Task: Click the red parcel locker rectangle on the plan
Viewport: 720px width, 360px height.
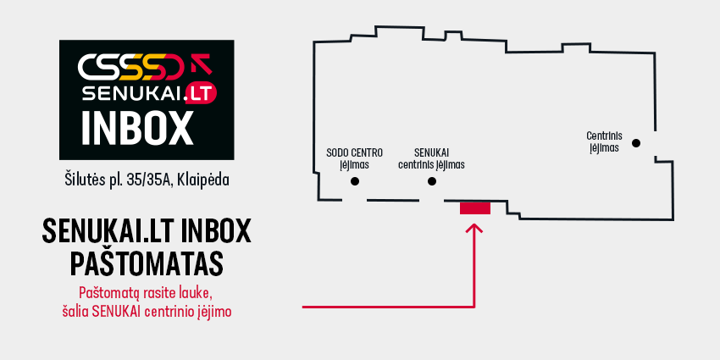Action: pos(475,208)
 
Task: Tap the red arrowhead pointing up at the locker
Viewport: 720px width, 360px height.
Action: pos(474,228)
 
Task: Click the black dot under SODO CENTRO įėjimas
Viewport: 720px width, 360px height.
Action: pos(354,181)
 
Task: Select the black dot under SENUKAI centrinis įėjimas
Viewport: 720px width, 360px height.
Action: pos(432,181)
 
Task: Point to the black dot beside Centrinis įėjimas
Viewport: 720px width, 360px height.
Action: pos(636,143)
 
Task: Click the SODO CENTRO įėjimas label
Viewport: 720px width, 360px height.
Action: pos(354,158)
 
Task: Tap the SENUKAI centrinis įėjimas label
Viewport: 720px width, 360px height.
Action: pos(432,158)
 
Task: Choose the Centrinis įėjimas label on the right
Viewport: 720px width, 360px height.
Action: pos(604,142)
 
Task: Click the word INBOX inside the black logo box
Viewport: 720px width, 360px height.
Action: pos(137,128)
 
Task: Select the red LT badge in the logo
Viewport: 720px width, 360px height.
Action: pos(200,94)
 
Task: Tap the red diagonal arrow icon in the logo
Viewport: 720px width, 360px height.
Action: pos(201,64)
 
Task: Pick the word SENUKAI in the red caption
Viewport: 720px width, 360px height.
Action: pos(117,312)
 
